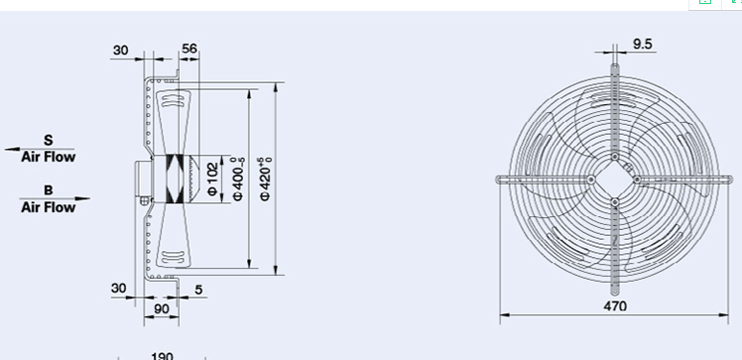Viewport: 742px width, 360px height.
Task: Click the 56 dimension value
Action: pyautogui.click(x=189, y=49)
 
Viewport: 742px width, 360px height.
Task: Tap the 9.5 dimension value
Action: pyautogui.click(x=642, y=44)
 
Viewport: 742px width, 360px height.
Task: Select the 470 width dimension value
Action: pyautogui.click(x=615, y=306)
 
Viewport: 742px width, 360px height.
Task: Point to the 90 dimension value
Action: pyautogui.click(x=162, y=308)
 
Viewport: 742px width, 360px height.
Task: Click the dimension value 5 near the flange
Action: pyautogui.click(x=198, y=289)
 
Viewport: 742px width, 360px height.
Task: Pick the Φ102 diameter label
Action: pyautogui.click(x=213, y=179)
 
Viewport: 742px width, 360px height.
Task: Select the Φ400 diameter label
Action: pyautogui.click(x=238, y=179)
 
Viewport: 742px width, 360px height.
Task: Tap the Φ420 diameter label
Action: pyautogui.click(x=266, y=179)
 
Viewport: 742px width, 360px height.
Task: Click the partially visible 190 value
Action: pyautogui.click(x=162, y=356)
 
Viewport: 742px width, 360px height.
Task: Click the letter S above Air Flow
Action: pyautogui.click(x=49, y=140)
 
